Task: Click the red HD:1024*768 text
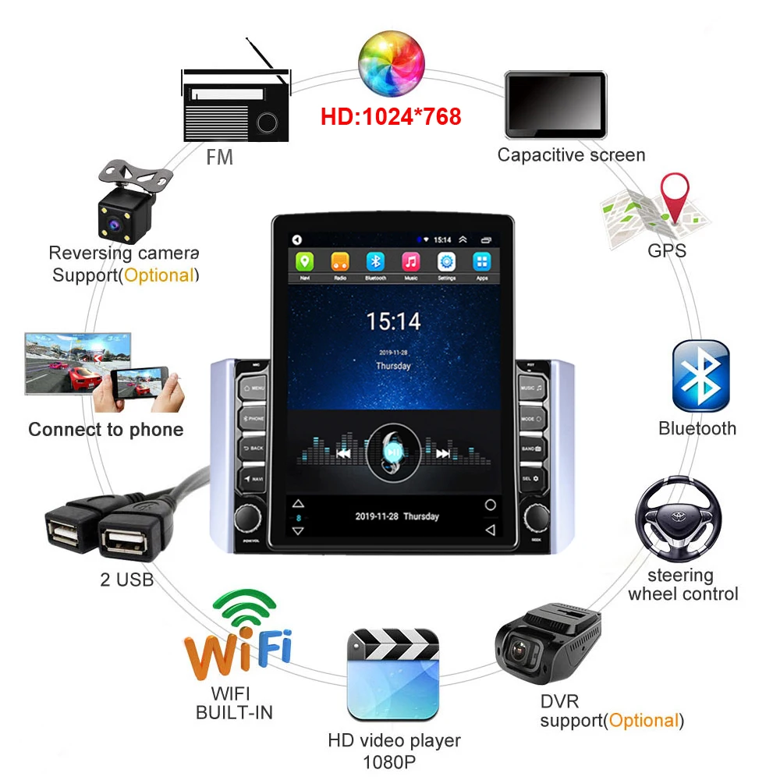391,117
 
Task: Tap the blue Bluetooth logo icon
700,376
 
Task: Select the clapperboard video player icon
393,674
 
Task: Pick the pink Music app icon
410,261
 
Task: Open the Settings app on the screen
446,261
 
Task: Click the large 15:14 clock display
394,321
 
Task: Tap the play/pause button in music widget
393,452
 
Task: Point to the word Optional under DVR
643,720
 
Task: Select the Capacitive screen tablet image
555,104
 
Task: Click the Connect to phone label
106,430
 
